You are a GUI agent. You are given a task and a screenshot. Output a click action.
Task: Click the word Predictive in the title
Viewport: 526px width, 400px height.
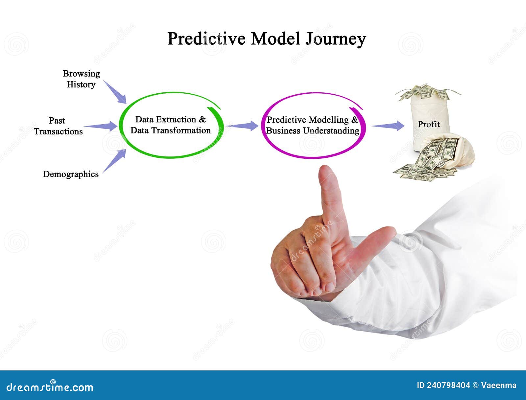(206, 38)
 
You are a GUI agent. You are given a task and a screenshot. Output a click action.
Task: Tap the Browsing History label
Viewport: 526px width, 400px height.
(81, 79)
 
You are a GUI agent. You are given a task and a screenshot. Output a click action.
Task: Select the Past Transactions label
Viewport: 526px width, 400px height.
(58, 126)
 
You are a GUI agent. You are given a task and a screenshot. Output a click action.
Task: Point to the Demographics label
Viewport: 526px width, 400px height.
(71, 175)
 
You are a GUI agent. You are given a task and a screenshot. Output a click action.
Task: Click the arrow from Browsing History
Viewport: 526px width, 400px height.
(115, 92)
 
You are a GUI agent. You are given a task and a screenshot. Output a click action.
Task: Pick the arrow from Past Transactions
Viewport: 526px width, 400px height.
(101, 126)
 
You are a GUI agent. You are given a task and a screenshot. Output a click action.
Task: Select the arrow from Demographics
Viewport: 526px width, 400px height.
(114, 161)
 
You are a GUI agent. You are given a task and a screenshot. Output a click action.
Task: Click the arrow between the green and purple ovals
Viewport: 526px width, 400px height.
(242, 126)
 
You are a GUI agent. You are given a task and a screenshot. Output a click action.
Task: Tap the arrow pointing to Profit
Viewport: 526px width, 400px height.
(388, 126)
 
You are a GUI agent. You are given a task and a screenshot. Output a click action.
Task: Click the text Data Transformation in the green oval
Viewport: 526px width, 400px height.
(171, 130)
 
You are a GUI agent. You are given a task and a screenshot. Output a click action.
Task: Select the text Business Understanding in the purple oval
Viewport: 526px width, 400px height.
(313, 131)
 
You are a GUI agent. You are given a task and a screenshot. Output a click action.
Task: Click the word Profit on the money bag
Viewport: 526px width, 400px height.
(429, 124)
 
